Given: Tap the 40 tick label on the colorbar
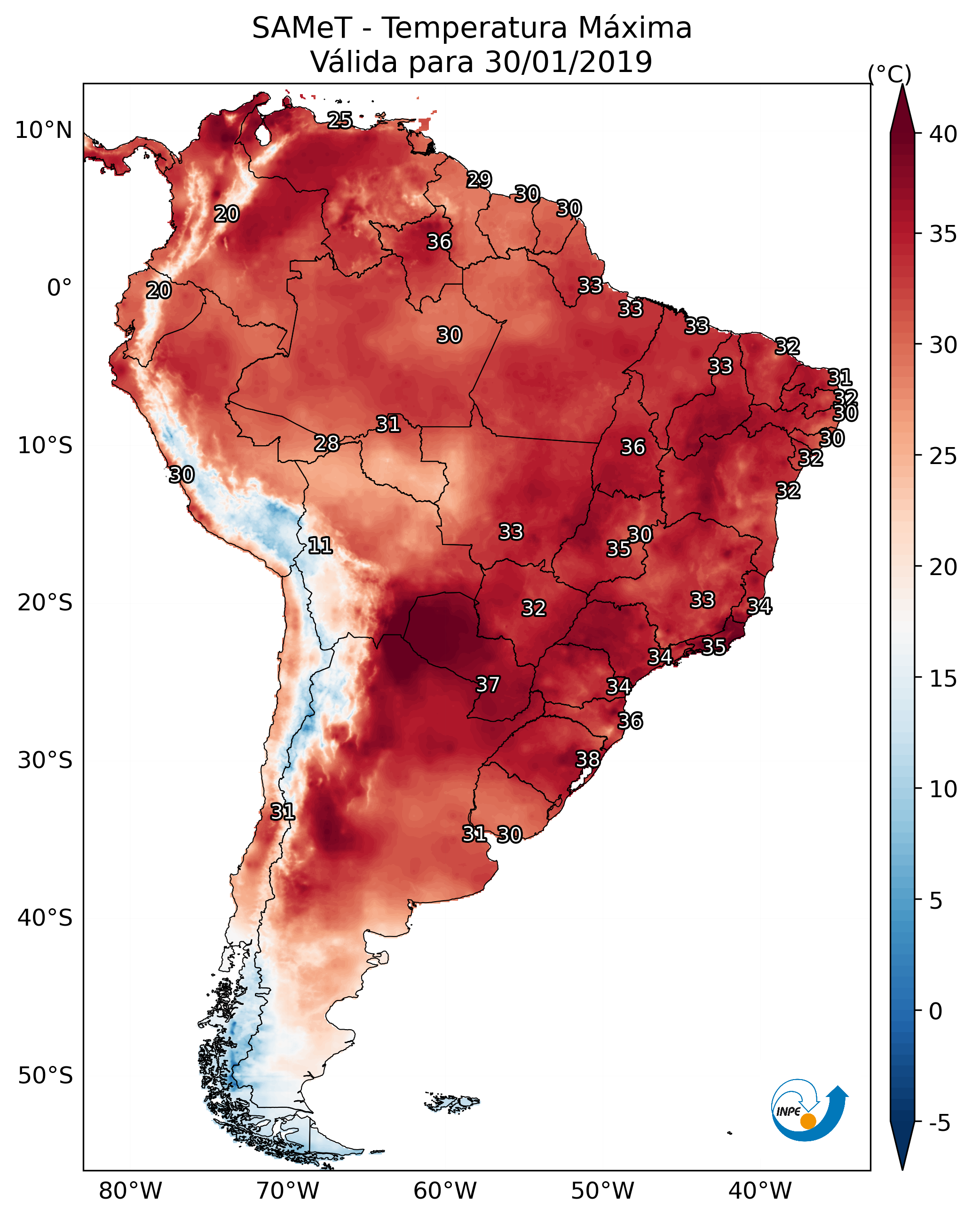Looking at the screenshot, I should coord(943,134).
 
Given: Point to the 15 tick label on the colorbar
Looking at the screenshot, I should coord(943,679).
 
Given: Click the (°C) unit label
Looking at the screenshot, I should coord(890,74).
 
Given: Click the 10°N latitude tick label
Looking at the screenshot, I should coord(43,130).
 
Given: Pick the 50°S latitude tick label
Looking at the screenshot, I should coord(45,1076).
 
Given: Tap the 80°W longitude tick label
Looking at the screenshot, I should coord(130,1191).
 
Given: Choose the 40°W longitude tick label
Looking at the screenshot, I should coord(760,1191).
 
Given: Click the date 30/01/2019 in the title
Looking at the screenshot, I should coord(568,62).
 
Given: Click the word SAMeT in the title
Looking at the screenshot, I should coord(302,28).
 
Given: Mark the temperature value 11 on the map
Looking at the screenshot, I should coord(320,545).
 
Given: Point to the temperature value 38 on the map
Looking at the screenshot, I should coord(587,759).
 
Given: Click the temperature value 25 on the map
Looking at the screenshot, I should coord(340,120).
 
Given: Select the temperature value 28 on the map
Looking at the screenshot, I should coord(327,444).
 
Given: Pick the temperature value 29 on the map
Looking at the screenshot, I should coord(479,179).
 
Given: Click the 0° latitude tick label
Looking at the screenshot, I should coord(59,288).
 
